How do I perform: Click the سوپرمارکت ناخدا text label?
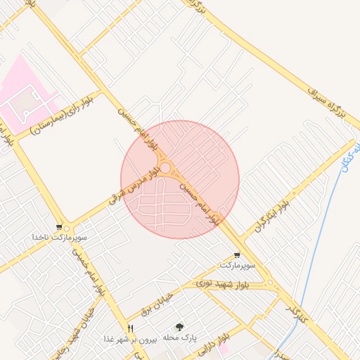(x=53, y=238)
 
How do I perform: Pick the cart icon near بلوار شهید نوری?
(x=237, y=256)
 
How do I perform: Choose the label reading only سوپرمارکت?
(x=237, y=266)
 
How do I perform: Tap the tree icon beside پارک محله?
(x=179, y=328)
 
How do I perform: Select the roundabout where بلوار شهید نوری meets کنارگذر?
(x=271, y=284)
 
